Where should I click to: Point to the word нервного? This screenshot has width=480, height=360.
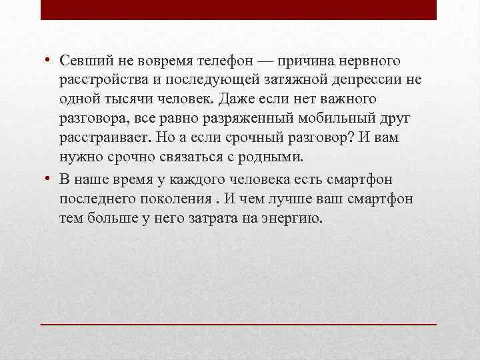[371, 61]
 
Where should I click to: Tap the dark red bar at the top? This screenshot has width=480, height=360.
[239, 9]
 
